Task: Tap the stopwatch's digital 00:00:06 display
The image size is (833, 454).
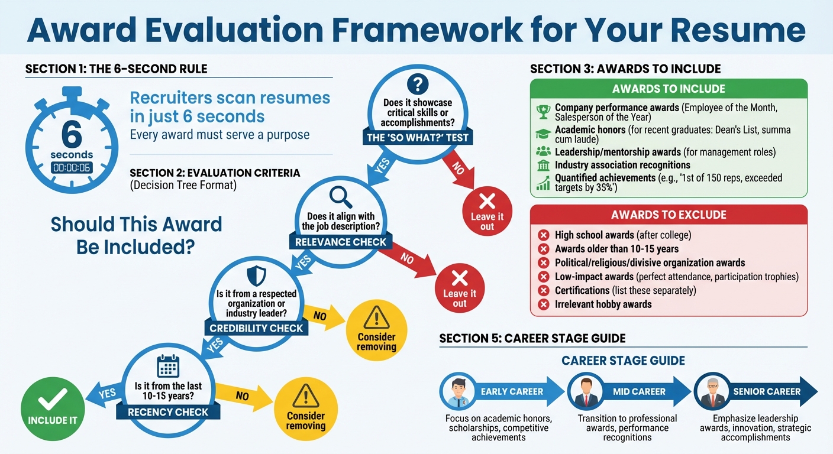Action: pyautogui.click(x=72, y=168)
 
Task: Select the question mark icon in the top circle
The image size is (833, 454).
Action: pyautogui.click(x=418, y=85)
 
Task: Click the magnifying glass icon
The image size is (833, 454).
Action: pyautogui.click(x=340, y=195)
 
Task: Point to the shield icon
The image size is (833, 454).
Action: pyautogui.click(x=256, y=276)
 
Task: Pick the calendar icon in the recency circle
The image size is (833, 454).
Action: pyautogui.click(x=168, y=367)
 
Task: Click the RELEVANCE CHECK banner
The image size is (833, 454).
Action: pyautogui.click(x=340, y=242)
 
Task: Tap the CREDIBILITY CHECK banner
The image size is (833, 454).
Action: pyautogui.click(x=256, y=328)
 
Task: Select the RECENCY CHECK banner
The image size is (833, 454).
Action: pyautogui.click(x=168, y=412)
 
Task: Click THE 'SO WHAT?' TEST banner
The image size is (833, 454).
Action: pyautogui.click(x=418, y=138)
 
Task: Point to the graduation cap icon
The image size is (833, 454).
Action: pyautogui.click(x=543, y=134)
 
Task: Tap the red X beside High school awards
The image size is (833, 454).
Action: pyautogui.click(x=543, y=235)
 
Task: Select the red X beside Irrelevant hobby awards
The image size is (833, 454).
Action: pyautogui.click(x=543, y=305)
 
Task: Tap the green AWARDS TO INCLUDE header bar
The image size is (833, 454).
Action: pyautogui.click(x=669, y=89)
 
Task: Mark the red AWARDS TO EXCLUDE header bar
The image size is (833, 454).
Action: pyautogui.click(x=669, y=215)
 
